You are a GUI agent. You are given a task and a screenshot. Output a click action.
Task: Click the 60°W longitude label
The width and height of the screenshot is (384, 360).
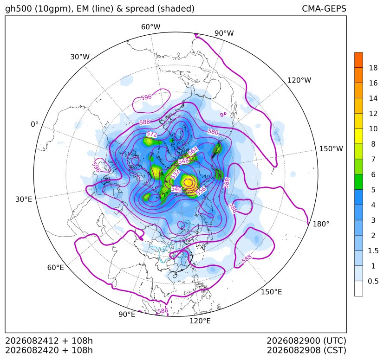tap(150, 27)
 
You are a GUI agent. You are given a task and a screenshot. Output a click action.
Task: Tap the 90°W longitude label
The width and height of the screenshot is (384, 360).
tap(224, 33)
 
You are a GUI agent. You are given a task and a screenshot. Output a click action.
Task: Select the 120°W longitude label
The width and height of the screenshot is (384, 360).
tap(299, 80)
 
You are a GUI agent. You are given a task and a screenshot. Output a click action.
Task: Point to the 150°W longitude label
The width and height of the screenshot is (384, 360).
tap(331, 148)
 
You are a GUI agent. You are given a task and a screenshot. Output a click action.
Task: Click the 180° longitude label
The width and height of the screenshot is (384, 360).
tap(321, 224)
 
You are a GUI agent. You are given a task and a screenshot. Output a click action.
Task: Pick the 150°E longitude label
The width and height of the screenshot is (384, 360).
tap(271, 292)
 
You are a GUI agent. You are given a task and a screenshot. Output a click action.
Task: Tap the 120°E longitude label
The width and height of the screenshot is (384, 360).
tap(200, 321)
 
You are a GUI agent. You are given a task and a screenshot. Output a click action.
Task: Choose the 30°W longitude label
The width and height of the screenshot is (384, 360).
tap(80, 57)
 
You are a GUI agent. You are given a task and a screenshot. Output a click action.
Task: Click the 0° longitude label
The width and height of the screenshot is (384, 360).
tap(35, 124)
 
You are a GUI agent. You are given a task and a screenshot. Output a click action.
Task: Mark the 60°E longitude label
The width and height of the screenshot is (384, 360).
tap(56, 268)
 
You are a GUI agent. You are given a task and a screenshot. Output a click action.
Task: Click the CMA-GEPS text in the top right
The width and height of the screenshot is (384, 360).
tap(324, 8)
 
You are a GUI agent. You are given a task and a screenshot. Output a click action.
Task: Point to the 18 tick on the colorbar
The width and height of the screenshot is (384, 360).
tap(373, 68)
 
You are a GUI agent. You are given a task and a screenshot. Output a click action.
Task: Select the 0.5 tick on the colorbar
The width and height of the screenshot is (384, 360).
tap(373, 281)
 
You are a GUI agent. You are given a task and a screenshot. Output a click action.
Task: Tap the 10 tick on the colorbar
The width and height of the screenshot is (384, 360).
tap(373, 129)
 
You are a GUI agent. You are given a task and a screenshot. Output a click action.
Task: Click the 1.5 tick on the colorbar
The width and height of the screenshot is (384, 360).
tap(373, 251)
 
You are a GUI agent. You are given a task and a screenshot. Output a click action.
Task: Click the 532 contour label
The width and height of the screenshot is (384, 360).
tap(175, 174)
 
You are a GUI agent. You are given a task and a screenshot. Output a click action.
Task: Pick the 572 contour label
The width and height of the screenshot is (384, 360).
tap(152, 134)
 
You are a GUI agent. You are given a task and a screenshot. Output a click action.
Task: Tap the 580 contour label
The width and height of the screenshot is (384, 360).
tap(213, 132)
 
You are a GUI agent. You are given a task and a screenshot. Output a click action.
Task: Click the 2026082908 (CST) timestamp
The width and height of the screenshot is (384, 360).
tap(306, 350)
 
